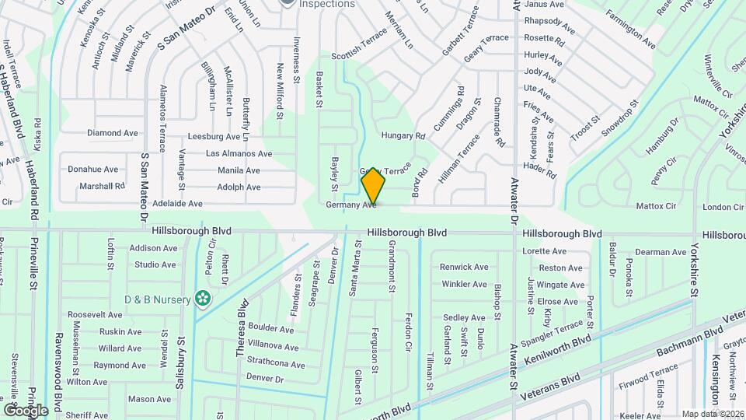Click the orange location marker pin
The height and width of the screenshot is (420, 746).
373,187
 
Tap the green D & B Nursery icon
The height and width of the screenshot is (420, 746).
202,298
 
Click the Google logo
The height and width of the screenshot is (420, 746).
26,410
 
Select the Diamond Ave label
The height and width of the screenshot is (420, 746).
113,133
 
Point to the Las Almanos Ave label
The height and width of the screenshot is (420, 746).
239,154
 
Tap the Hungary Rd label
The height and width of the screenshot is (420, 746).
403,135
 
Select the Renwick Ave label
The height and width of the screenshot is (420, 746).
465,267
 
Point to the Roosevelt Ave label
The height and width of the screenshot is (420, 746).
95,315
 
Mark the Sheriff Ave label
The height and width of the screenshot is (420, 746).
88,416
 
